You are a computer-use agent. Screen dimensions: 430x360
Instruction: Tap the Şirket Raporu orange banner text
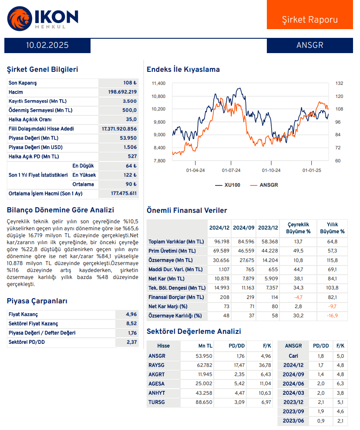(x=310, y=20)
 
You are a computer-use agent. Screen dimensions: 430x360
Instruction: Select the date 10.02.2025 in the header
(x=47, y=45)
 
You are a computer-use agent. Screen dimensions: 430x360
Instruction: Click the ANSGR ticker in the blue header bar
(x=310, y=45)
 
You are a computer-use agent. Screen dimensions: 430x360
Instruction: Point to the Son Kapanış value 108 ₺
(x=130, y=83)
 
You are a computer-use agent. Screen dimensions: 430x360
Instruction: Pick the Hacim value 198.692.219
(x=122, y=92)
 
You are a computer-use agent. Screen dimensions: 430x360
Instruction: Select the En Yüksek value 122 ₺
(x=130, y=175)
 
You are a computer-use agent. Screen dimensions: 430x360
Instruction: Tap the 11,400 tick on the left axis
(x=158, y=83)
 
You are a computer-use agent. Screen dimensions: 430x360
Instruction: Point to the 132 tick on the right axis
(x=340, y=83)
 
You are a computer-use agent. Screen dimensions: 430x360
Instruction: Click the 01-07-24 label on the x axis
(x=231, y=171)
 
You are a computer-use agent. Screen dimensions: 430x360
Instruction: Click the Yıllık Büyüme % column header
(x=332, y=228)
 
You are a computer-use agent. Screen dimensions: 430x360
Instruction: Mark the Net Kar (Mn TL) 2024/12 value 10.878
(x=219, y=279)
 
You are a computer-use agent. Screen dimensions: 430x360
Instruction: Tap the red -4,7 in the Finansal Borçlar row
(x=298, y=297)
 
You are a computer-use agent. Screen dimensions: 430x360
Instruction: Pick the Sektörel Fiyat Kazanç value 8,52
(x=131, y=323)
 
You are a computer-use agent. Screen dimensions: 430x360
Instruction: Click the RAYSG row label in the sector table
(x=157, y=365)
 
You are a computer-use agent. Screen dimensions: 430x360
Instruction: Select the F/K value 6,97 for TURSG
(x=266, y=402)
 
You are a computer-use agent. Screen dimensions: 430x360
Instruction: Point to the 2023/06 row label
(x=293, y=421)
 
